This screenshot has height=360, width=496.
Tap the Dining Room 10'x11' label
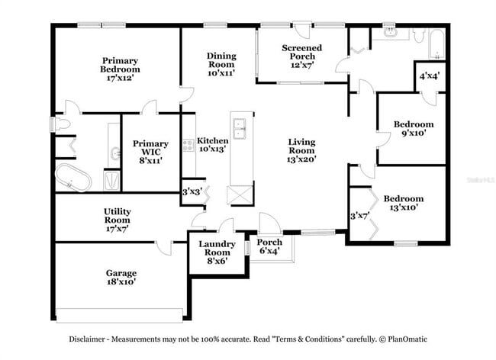tap(221, 64)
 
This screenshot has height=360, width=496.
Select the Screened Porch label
tap(302, 56)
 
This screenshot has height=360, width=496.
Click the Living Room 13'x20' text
tap(302, 150)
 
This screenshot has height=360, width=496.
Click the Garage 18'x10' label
tap(121, 278)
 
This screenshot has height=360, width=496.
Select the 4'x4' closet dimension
tap(430, 76)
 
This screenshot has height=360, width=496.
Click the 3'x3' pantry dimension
tap(192, 191)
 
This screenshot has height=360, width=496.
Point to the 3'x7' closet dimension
tap(358, 216)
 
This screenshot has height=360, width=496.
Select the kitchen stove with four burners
tap(188, 144)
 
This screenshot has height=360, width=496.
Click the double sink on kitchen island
tap(241, 131)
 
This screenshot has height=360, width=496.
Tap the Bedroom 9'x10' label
tap(414, 128)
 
